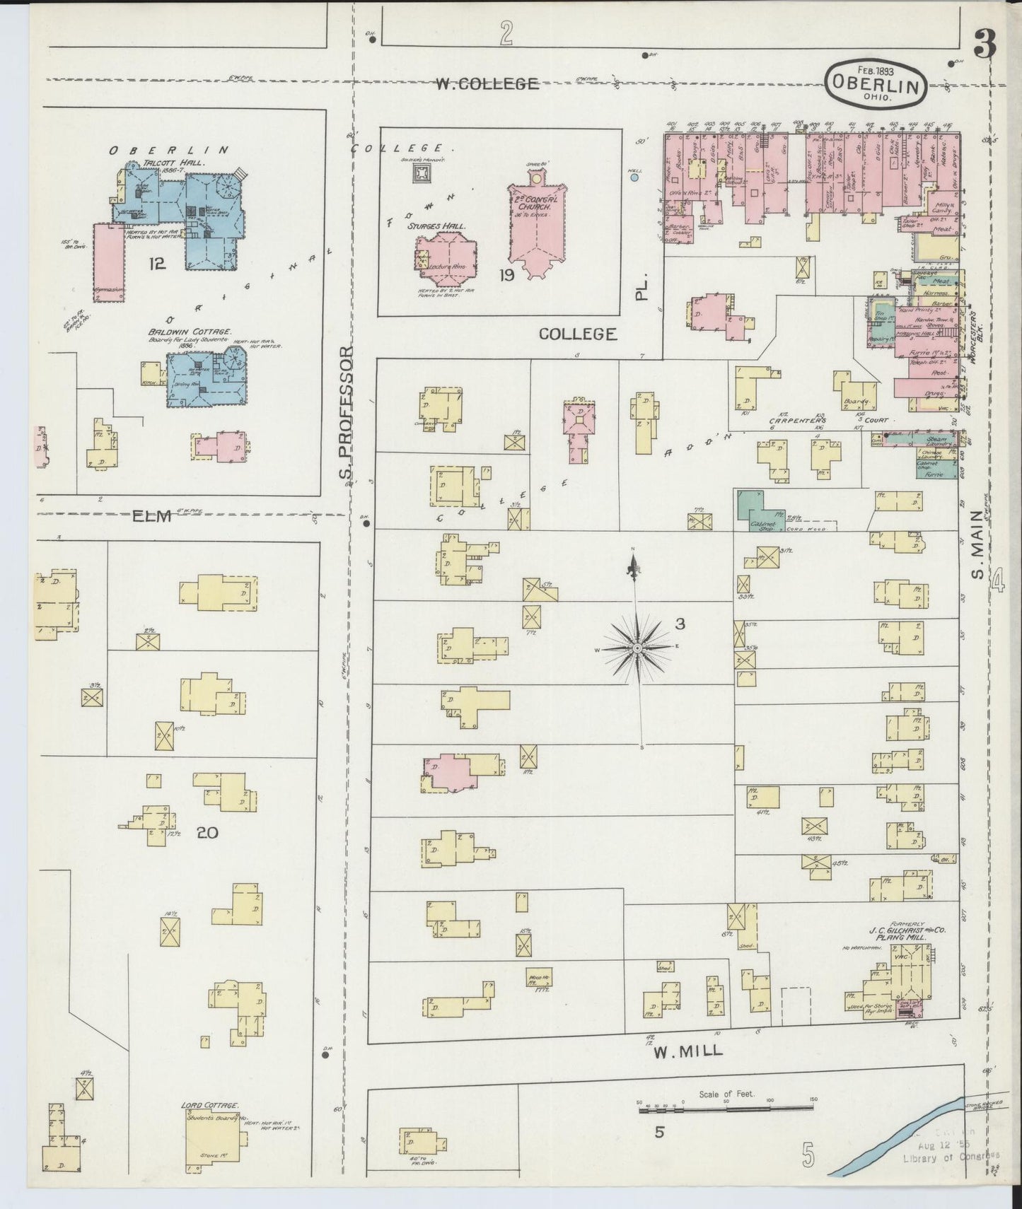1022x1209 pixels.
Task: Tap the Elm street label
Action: click(152, 517)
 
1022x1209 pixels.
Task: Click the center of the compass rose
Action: click(637, 648)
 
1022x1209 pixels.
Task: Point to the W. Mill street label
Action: click(687, 1051)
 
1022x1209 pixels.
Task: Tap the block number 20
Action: click(207, 833)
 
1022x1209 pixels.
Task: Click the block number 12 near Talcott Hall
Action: click(156, 264)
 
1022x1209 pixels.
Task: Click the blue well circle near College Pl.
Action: click(634, 178)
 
